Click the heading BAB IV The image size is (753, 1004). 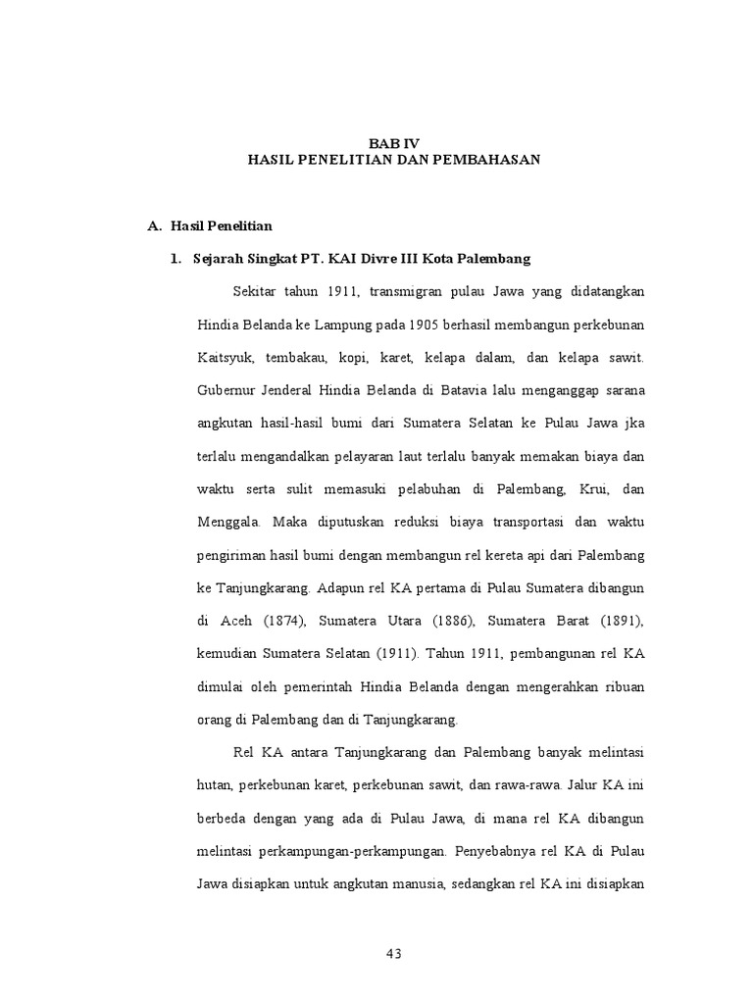[x=393, y=142]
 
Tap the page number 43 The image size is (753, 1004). [x=393, y=953]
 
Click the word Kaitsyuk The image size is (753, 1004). [x=225, y=358]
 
